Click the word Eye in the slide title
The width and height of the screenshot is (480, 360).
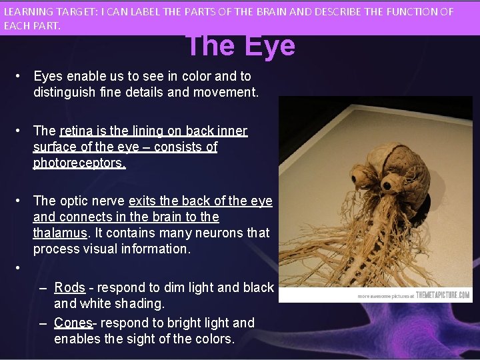tap(269, 46)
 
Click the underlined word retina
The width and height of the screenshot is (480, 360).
tap(79, 131)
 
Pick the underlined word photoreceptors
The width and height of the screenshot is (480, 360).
tap(79, 163)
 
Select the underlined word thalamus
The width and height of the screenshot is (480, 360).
tap(60, 233)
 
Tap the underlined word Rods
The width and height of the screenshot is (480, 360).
tap(69, 287)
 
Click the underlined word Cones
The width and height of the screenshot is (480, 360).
tap(73, 323)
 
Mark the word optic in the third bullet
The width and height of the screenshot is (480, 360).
tap(76, 201)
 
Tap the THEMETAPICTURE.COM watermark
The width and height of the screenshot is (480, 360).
tap(443, 295)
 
